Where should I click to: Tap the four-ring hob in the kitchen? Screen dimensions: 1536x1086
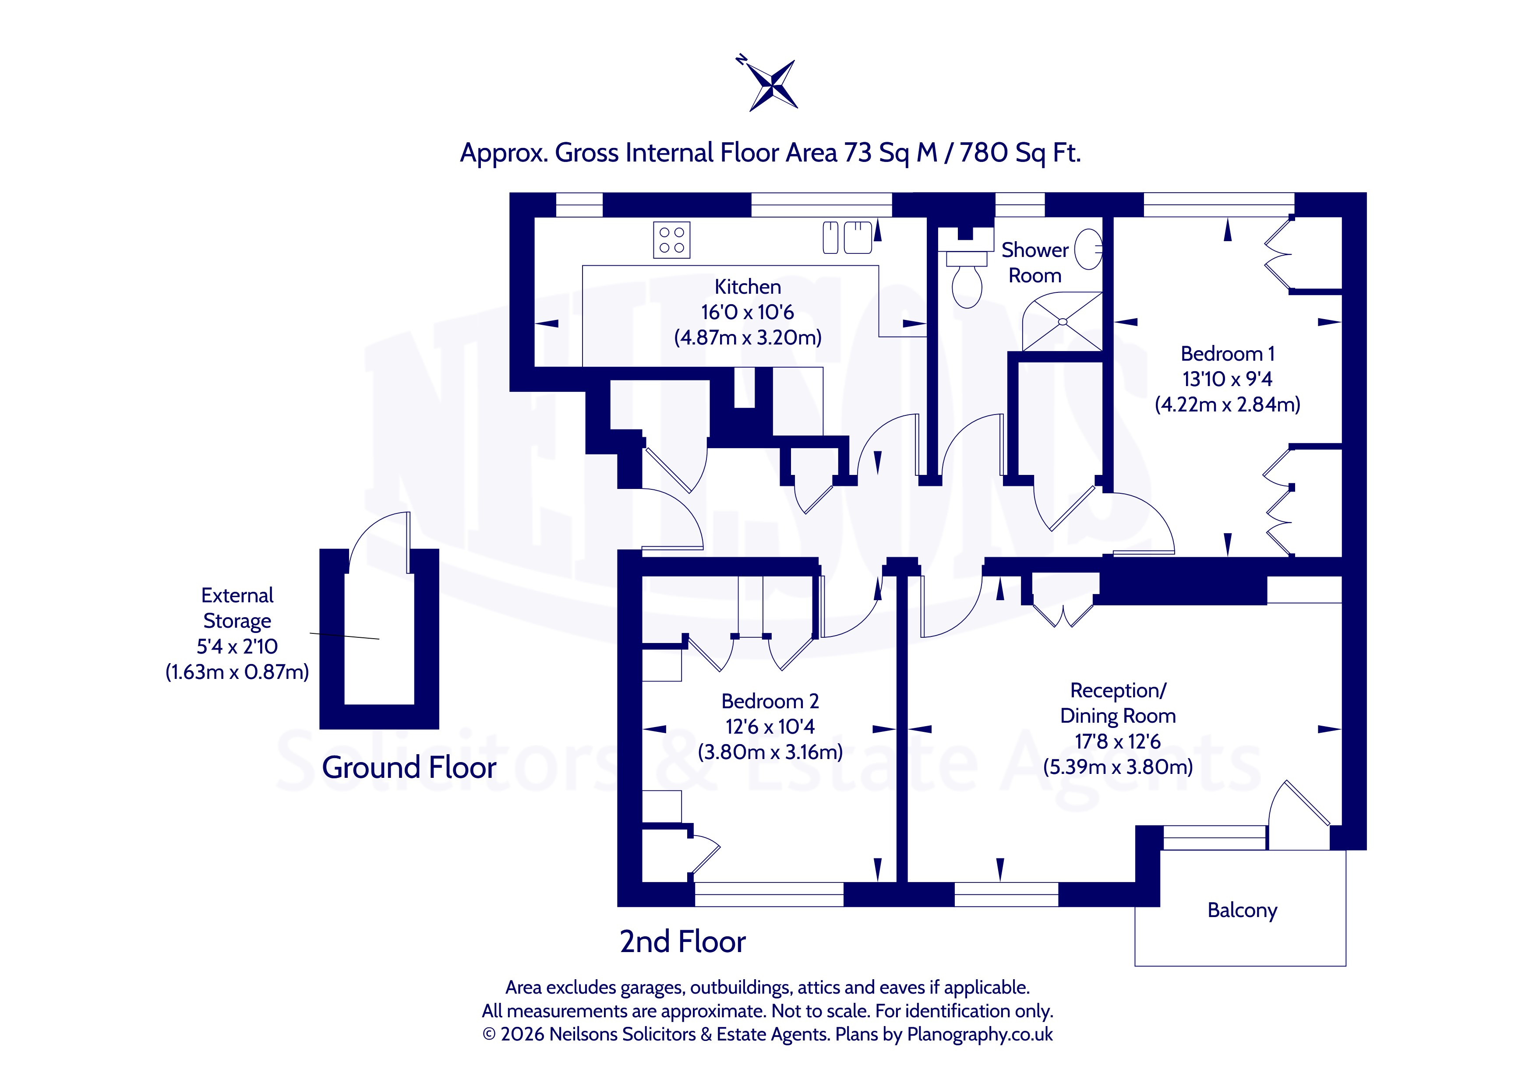click(x=672, y=240)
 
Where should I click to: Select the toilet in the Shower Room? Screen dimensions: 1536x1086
click(x=967, y=280)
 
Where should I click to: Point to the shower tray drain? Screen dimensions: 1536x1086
click(x=1063, y=322)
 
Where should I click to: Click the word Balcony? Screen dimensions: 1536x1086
click(x=1242, y=910)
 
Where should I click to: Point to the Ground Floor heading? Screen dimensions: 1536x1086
click(x=409, y=767)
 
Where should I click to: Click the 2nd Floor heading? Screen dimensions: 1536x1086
click(x=682, y=942)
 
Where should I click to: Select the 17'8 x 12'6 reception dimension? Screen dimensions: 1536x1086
click(x=1117, y=741)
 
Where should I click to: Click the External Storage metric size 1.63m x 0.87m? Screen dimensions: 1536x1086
click(x=237, y=671)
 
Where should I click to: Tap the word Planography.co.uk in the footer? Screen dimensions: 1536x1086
click(x=979, y=1034)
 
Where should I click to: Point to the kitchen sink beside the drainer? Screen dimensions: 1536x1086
click(x=858, y=237)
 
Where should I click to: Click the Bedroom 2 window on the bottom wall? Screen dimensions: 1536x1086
click(x=770, y=894)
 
